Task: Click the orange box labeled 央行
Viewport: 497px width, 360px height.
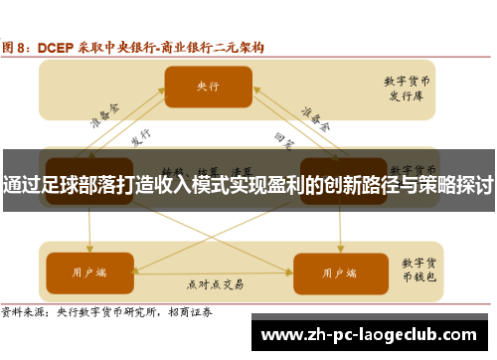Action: point(207,87)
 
